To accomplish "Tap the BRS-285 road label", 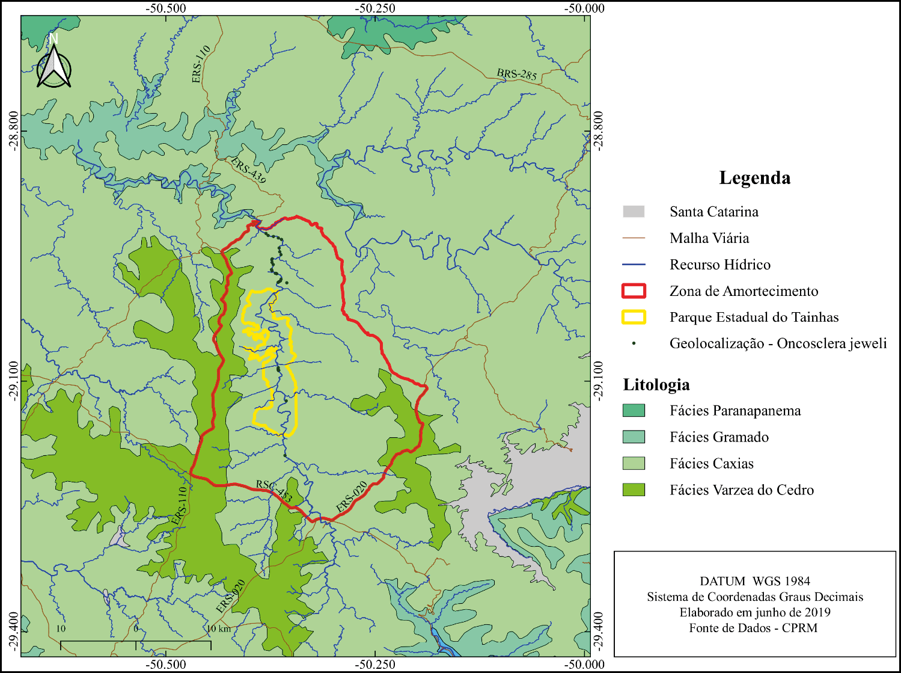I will [516, 75].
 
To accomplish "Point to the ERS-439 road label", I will [248, 170].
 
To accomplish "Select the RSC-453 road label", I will [274, 491].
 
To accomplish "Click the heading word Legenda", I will [754, 178].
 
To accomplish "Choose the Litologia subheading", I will [656, 385].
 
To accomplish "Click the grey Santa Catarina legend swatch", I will [634, 212].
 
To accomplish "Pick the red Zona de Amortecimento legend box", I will [634, 291].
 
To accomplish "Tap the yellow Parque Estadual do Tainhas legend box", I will [634, 318].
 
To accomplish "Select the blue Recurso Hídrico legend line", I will [634, 265].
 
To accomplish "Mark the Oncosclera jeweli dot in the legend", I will [634, 344].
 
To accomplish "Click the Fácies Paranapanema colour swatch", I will [634, 411].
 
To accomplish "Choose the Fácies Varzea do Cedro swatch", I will [634, 490].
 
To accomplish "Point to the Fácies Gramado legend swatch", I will [634, 437].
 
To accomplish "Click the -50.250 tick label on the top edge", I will [375, 8].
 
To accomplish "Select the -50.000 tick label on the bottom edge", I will [584, 665].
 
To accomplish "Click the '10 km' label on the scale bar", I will [219, 629].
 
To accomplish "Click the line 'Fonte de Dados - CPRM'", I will [753, 628].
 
